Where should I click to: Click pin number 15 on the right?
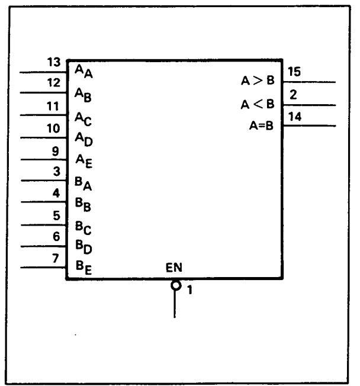click(x=294, y=73)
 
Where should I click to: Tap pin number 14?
click(x=294, y=117)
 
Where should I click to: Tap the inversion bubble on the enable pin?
click(x=175, y=285)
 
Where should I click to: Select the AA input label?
click(x=82, y=71)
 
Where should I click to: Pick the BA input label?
click(x=82, y=184)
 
